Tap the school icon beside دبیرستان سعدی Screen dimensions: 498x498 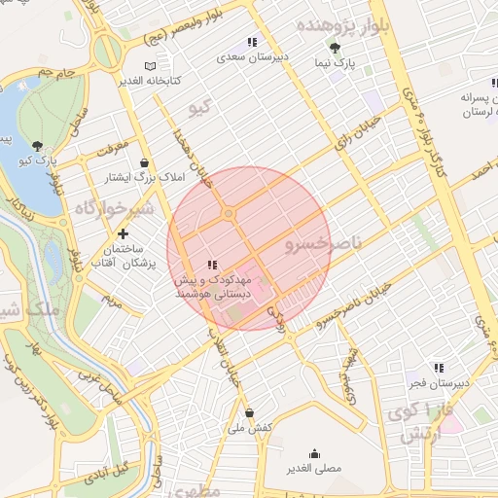click(x=251, y=42)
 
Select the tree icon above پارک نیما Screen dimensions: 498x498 click(x=336, y=49)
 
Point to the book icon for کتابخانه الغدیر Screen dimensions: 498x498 click(x=149, y=66)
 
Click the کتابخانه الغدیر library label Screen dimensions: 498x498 click(x=152, y=81)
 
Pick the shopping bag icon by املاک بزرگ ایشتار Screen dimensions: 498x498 click(x=145, y=162)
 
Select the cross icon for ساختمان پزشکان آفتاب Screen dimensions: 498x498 click(x=123, y=234)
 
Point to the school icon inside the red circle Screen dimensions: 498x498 click(x=211, y=266)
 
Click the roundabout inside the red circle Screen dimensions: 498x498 click(x=229, y=213)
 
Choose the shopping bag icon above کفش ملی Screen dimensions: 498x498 click(x=250, y=412)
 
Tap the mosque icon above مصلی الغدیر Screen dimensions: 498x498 click(x=315, y=453)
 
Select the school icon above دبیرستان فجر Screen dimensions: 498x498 click(x=439, y=368)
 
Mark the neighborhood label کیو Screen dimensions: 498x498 click(x=199, y=110)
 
